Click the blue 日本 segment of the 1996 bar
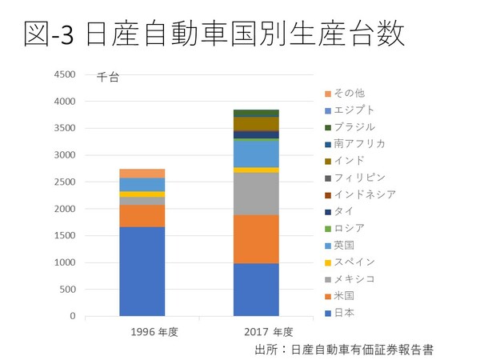coord(142,271)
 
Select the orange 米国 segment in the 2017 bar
coord(256,239)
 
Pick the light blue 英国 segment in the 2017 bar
coord(256,154)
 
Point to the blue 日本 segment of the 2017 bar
coord(256,290)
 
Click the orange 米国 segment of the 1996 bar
coord(142,216)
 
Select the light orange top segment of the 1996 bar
coord(142,173)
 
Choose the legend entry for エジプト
coord(354,110)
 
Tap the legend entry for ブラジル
coord(354,126)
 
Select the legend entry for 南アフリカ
coord(359,143)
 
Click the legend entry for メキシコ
coord(354,278)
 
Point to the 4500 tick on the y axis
coord(64,75)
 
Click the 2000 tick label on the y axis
coord(64,209)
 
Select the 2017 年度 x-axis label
coord(257,331)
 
